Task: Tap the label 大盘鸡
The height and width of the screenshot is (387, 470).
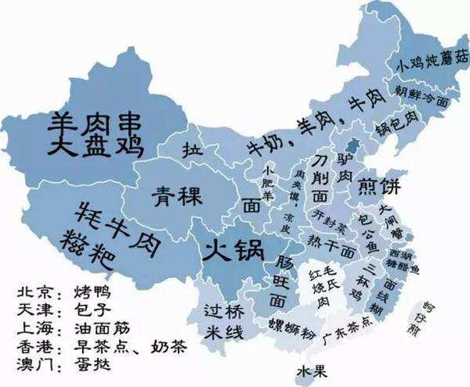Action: pyautogui.click(x=94, y=148)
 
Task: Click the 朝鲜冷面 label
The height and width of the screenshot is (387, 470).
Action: pyautogui.click(x=423, y=97)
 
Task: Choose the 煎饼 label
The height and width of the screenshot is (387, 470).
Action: pyautogui.click(x=379, y=187)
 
